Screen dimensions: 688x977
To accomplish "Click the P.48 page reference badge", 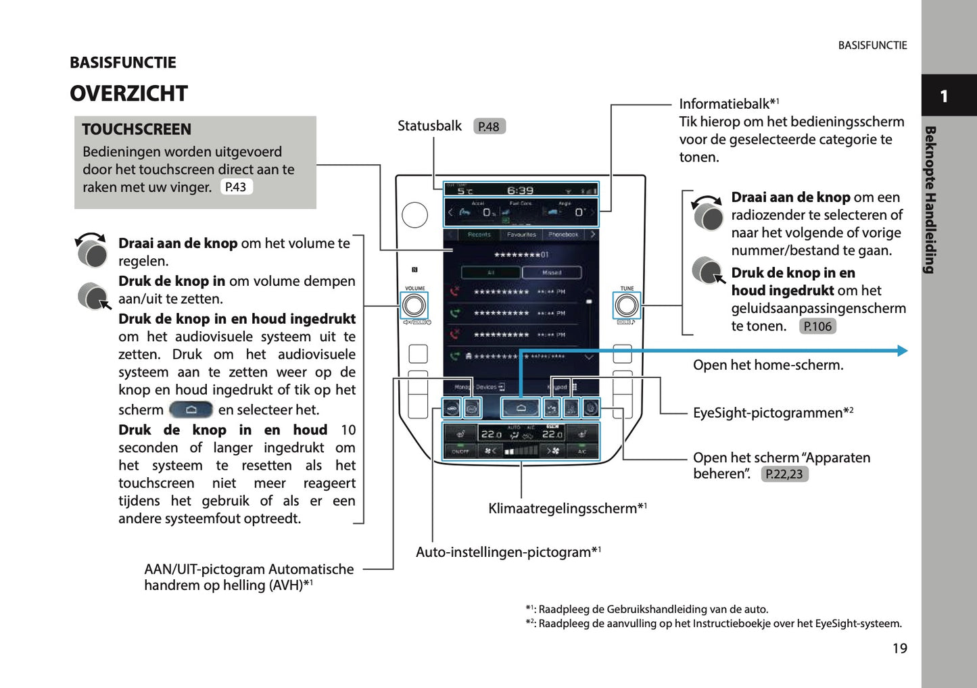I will tap(489, 126).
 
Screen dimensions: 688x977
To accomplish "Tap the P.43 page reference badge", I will tap(236, 187).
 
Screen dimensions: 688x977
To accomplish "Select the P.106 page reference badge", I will tap(817, 326).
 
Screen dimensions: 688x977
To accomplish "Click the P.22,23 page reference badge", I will tap(784, 474).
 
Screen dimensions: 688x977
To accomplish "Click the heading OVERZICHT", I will tap(128, 93).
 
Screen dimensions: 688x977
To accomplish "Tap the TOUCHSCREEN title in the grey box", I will tap(137, 129).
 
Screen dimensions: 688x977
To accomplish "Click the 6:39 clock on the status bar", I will tap(520, 191).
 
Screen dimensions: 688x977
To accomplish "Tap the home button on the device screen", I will tap(520, 408).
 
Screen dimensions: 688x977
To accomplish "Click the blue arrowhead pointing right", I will tap(902, 351).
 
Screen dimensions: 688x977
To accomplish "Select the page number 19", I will tap(899, 649).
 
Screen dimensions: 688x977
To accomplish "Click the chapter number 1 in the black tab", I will tap(944, 96).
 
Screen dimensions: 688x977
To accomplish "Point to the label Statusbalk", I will tap(429, 126).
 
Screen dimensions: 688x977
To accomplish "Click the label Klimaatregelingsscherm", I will tap(563, 508).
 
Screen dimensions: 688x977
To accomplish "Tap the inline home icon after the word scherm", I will tap(191, 410).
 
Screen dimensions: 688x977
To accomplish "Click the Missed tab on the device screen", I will tap(551, 272).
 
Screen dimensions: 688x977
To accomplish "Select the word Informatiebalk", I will tap(724, 104).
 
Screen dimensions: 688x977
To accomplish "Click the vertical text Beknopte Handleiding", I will tap(930, 199).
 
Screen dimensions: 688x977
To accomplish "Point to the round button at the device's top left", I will tap(414, 215).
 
